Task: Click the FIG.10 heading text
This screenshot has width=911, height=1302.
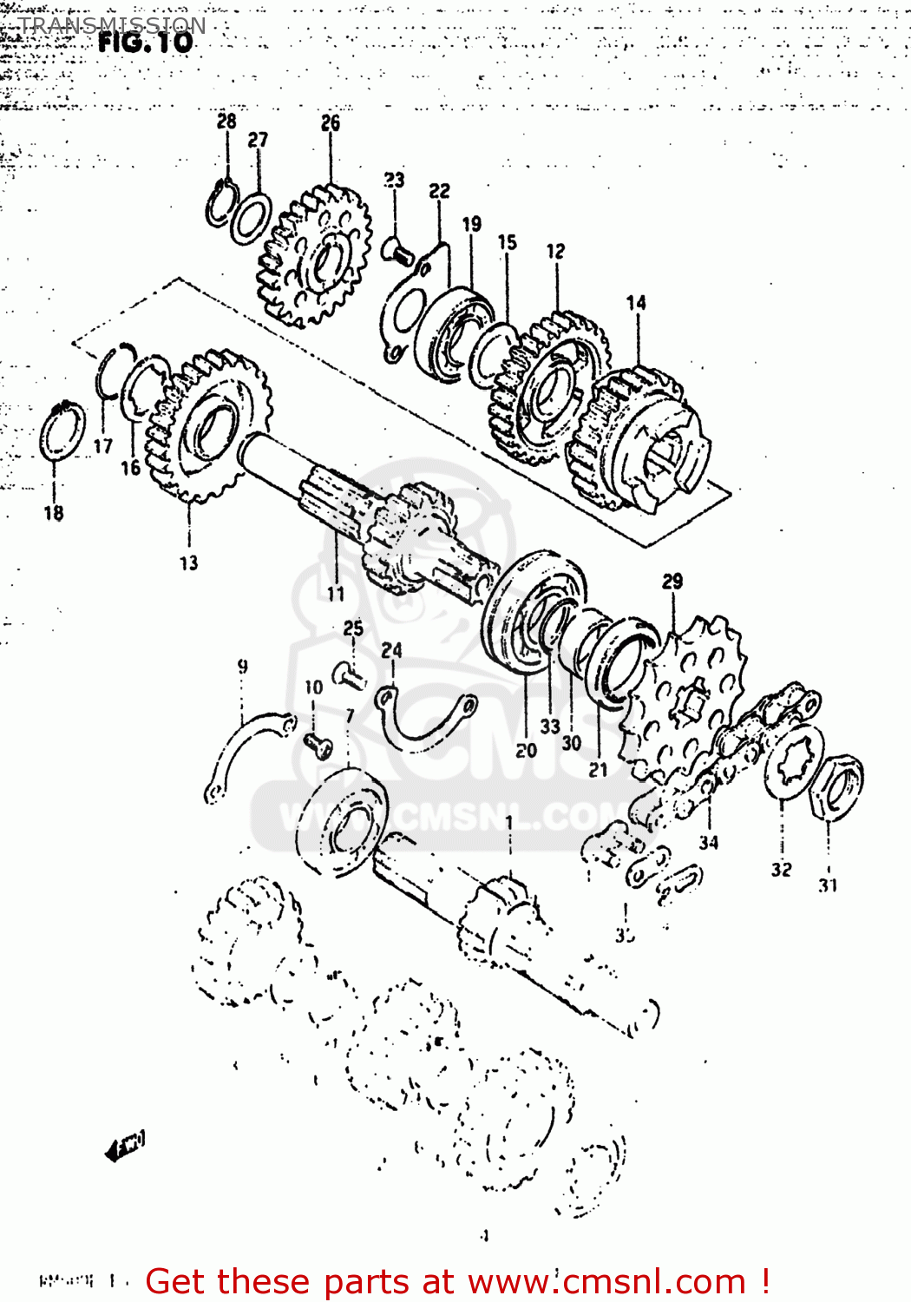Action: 145,42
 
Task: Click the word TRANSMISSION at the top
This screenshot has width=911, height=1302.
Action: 112,24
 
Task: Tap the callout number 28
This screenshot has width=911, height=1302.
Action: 226,121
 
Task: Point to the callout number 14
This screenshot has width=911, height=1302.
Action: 636,302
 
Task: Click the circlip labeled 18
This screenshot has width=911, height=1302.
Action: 62,432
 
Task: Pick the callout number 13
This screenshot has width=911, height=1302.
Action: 188,562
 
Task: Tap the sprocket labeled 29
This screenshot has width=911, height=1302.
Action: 685,694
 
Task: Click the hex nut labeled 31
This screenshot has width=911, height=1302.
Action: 836,788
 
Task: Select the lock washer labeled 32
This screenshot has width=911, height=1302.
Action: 793,763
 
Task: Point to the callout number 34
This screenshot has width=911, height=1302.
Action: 709,841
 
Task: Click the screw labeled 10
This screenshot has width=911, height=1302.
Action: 318,744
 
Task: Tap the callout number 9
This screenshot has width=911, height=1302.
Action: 242,666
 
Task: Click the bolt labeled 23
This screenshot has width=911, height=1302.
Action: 397,252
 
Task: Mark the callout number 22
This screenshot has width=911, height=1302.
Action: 439,190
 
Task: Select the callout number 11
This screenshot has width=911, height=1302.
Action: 336,593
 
